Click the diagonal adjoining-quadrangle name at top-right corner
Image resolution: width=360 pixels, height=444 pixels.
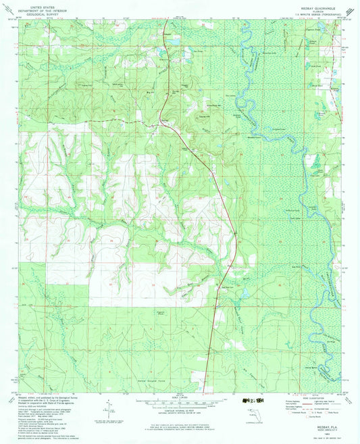coord(349,9)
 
